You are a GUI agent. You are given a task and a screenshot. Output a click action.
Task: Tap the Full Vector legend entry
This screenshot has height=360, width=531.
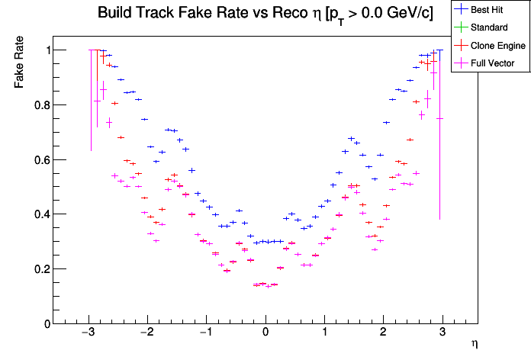coord(493,63)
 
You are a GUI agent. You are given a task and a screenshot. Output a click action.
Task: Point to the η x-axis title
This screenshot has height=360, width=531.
coord(474,345)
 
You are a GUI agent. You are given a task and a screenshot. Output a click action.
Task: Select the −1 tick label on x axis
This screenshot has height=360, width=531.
coord(205,333)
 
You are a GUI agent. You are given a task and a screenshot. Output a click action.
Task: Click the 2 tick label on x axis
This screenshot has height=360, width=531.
coord(384,333)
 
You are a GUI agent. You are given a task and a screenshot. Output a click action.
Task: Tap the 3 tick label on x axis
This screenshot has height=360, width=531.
coord(443,333)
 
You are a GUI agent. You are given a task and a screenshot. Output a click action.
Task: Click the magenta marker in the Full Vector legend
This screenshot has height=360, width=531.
coord(460,63)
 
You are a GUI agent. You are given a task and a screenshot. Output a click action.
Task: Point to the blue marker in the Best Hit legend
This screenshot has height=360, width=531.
coord(460,9)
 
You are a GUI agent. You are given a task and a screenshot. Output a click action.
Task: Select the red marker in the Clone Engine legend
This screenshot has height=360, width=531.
coord(460,46)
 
